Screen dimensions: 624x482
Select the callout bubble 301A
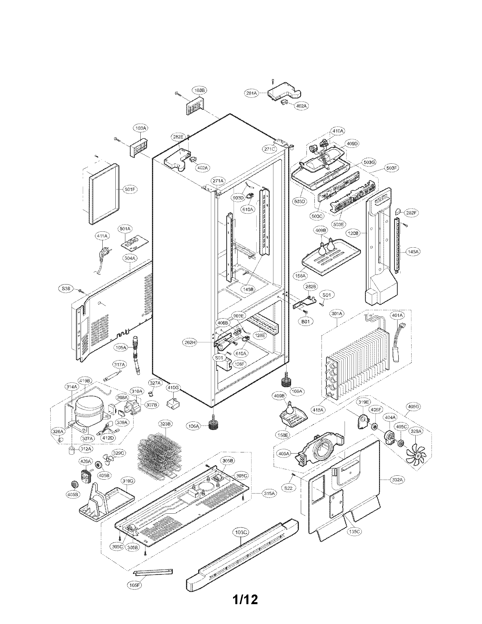[337, 313]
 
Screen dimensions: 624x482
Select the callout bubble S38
[66, 288]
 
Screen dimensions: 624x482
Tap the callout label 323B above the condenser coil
[166, 424]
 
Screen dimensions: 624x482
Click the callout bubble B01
[306, 321]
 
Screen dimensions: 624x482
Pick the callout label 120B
[353, 233]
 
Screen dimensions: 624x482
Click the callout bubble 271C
[270, 149]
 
